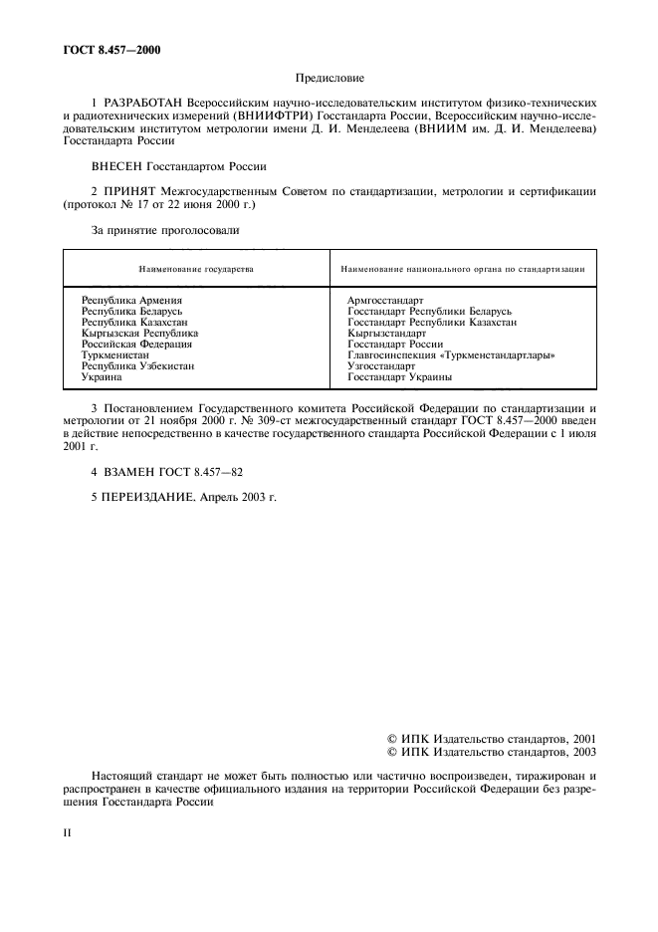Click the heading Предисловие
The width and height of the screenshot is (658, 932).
[x=329, y=77]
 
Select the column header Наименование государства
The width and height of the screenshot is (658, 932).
[x=196, y=269]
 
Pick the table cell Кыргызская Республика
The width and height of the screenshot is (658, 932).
[x=139, y=333]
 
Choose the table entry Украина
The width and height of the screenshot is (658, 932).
[x=102, y=377]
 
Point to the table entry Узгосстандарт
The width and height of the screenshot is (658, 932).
[x=381, y=365]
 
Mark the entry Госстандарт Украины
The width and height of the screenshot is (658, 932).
[x=399, y=377]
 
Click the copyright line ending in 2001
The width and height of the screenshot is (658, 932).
[x=491, y=739]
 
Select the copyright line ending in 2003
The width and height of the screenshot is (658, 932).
[x=491, y=752]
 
